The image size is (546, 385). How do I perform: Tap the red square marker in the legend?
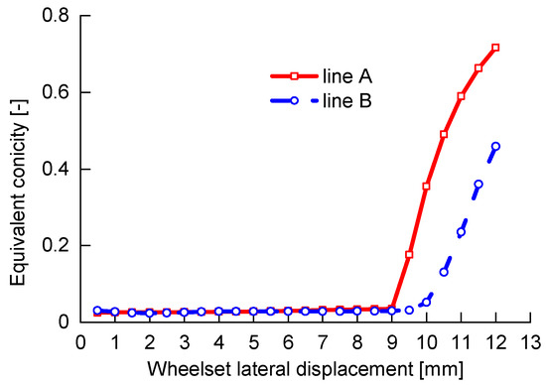coord(294,75)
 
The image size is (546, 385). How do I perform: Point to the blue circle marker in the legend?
coord(294,100)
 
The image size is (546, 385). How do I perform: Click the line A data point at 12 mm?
coord(495,48)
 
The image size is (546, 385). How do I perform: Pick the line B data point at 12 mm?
coord(495,146)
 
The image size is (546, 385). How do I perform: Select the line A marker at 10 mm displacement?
coord(427,187)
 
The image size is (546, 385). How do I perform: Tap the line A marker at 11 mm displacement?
coord(461,96)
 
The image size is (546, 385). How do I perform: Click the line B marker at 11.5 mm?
coord(478,184)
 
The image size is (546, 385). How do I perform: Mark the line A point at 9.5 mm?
coord(409,255)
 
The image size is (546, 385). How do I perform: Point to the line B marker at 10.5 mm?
coord(444,272)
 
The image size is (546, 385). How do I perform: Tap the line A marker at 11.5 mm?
coord(478,68)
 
